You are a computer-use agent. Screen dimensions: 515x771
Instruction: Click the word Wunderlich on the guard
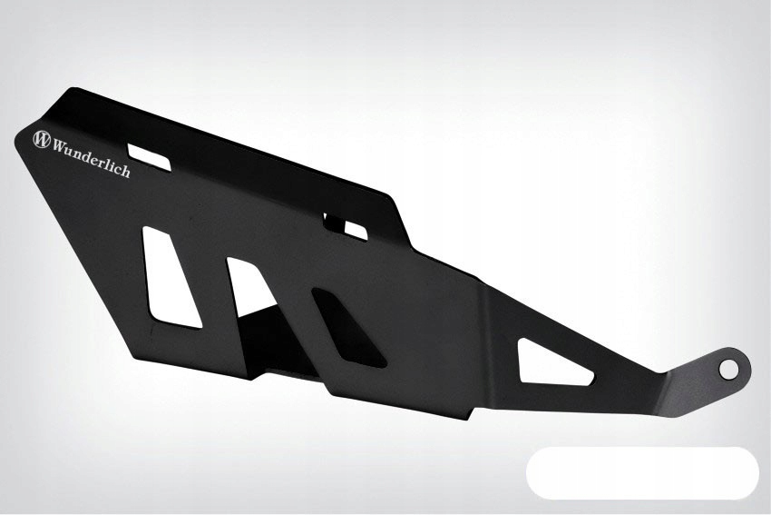coord(92,157)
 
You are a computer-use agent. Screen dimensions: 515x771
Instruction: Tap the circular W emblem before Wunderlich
coord(42,140)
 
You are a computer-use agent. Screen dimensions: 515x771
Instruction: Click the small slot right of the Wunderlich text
coord(149,156)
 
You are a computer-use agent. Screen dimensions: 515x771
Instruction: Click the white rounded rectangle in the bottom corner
coord(642,472)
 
